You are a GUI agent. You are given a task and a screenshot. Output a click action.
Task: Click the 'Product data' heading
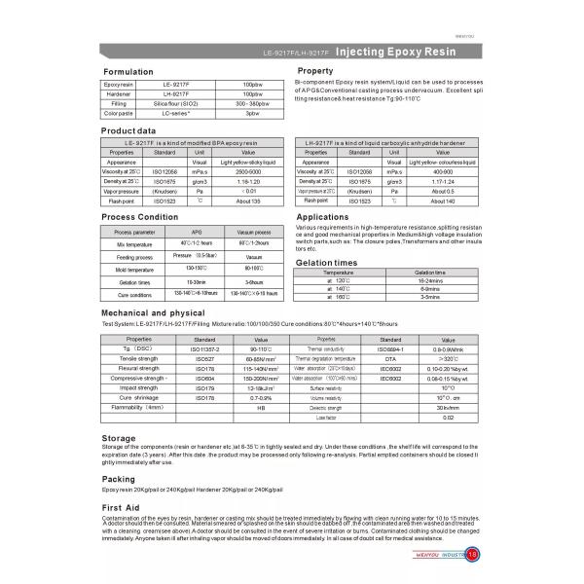pyautogui.click(x=129, y=129)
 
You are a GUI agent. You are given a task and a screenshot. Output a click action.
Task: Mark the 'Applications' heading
pyautogui.click(x=322, y=217)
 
